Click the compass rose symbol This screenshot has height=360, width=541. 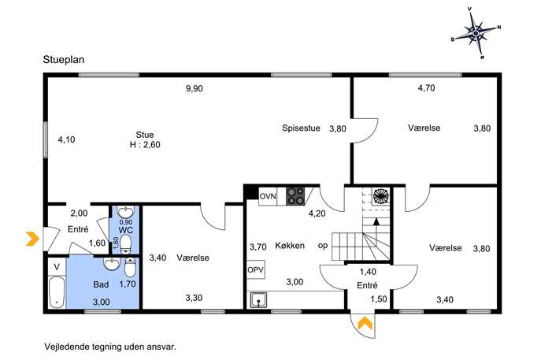(476, 33)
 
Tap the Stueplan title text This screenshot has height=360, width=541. (64, 59)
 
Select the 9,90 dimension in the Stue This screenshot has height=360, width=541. (195, 89)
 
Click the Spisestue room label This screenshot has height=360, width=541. (301, 128)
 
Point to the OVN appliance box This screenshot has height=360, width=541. (268, 196)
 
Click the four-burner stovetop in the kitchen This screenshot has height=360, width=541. (295, 196)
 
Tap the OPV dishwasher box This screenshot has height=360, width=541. (256, 269)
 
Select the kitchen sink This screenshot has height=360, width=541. (258, 299)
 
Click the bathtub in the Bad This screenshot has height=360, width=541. (57, 292)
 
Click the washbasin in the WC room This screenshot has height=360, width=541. (125, 212)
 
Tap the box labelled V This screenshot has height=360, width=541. (57, 267)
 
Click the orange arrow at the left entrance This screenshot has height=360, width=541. (32, 239)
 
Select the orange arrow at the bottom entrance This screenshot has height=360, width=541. (365, 324)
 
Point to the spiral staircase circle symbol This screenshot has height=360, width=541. (380, 196)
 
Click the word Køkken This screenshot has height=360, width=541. (290, 246)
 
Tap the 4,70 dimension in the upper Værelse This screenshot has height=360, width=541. (427, 88)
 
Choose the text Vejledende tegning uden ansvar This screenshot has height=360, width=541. (110, 347)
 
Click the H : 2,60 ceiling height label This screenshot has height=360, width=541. (145, 145)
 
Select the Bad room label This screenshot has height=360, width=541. (101, 284)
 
